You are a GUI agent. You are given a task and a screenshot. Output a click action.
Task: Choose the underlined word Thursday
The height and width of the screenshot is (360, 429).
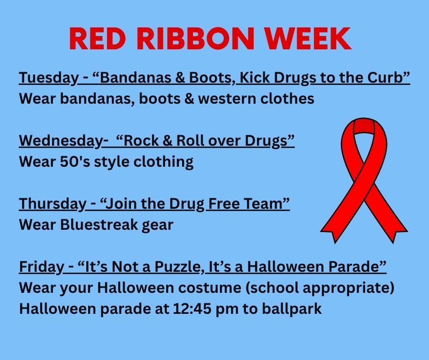pos(52,204)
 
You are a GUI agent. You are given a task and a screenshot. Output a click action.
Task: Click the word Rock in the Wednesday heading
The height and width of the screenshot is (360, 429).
pos(139,141)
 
